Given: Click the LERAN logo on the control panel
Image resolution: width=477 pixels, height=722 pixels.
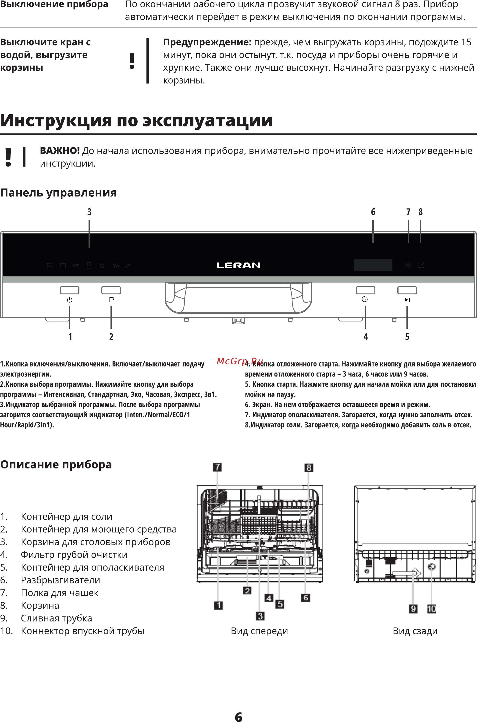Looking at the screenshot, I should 238,265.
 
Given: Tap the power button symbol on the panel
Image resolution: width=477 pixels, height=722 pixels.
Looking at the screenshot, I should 70,300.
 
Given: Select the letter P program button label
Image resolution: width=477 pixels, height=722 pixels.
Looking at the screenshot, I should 111,300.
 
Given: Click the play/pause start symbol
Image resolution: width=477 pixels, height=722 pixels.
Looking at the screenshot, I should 407,300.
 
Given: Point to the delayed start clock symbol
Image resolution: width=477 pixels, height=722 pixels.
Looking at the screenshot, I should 365,299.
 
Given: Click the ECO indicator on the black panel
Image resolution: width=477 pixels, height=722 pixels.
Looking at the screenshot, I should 76,265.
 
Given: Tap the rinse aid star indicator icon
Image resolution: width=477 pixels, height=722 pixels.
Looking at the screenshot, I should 408,265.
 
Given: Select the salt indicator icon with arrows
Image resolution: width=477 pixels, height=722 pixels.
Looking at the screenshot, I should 421,265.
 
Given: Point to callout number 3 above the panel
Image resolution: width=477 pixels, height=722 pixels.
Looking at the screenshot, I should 89,212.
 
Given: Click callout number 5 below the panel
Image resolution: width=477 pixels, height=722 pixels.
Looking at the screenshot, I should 407,337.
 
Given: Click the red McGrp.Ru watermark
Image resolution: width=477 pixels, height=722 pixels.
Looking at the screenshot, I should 240,361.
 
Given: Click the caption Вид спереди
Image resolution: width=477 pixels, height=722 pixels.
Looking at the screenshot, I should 259,631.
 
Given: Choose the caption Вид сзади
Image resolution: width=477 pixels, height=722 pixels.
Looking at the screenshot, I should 415,631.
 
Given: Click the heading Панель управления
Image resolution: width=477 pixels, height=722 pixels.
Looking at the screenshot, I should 58,193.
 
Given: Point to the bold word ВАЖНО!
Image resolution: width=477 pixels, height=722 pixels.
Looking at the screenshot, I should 60,151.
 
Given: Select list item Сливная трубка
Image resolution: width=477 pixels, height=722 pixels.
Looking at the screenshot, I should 56,618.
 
